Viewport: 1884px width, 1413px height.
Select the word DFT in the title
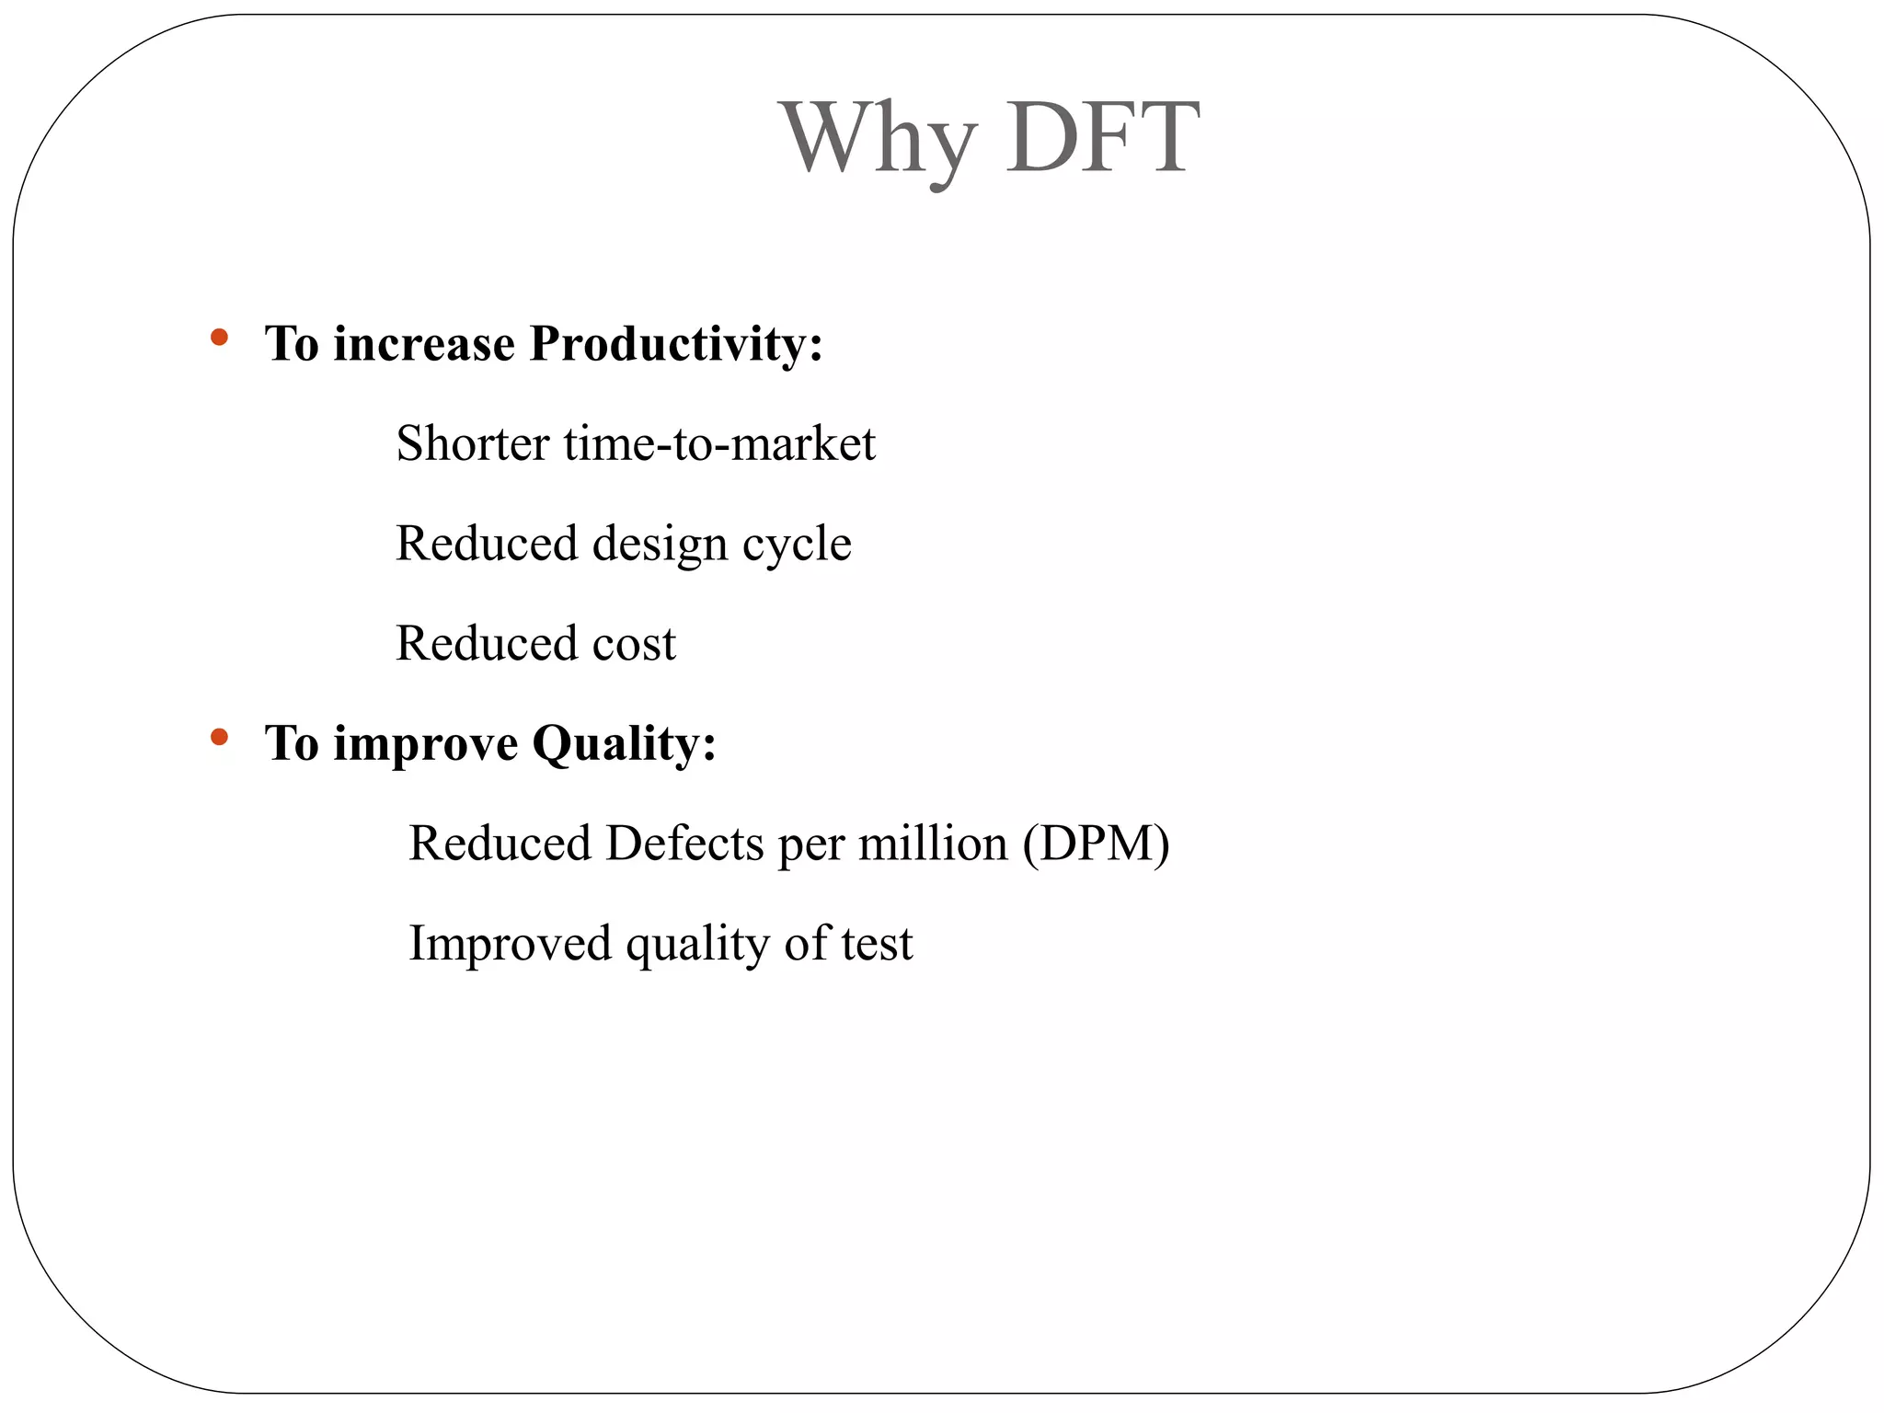click(1102, 138)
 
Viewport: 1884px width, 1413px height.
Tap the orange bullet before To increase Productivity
click(219, 338)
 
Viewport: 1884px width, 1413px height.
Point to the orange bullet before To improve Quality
click(219, 736)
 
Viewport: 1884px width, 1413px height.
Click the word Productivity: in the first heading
click(676, 345)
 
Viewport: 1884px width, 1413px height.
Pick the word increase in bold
click(424, 345)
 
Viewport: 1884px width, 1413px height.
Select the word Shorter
click(473, 443)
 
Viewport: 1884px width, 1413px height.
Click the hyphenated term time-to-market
click(719, 443)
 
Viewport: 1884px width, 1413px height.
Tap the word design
click(660, 544)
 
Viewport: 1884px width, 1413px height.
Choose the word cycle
click(797, 544)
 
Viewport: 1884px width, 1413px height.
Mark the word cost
click(634, 643)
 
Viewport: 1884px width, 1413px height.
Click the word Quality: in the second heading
click(624, 743)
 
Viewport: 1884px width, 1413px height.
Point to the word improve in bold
click(425, 743)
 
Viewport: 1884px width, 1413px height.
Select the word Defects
click(684, 843)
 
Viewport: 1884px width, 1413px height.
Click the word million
click(933, 843)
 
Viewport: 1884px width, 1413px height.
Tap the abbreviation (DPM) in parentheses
click(1096, 843)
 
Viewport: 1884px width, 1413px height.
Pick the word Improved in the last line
click(510, 943)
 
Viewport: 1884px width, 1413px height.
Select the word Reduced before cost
click(486, 643)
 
